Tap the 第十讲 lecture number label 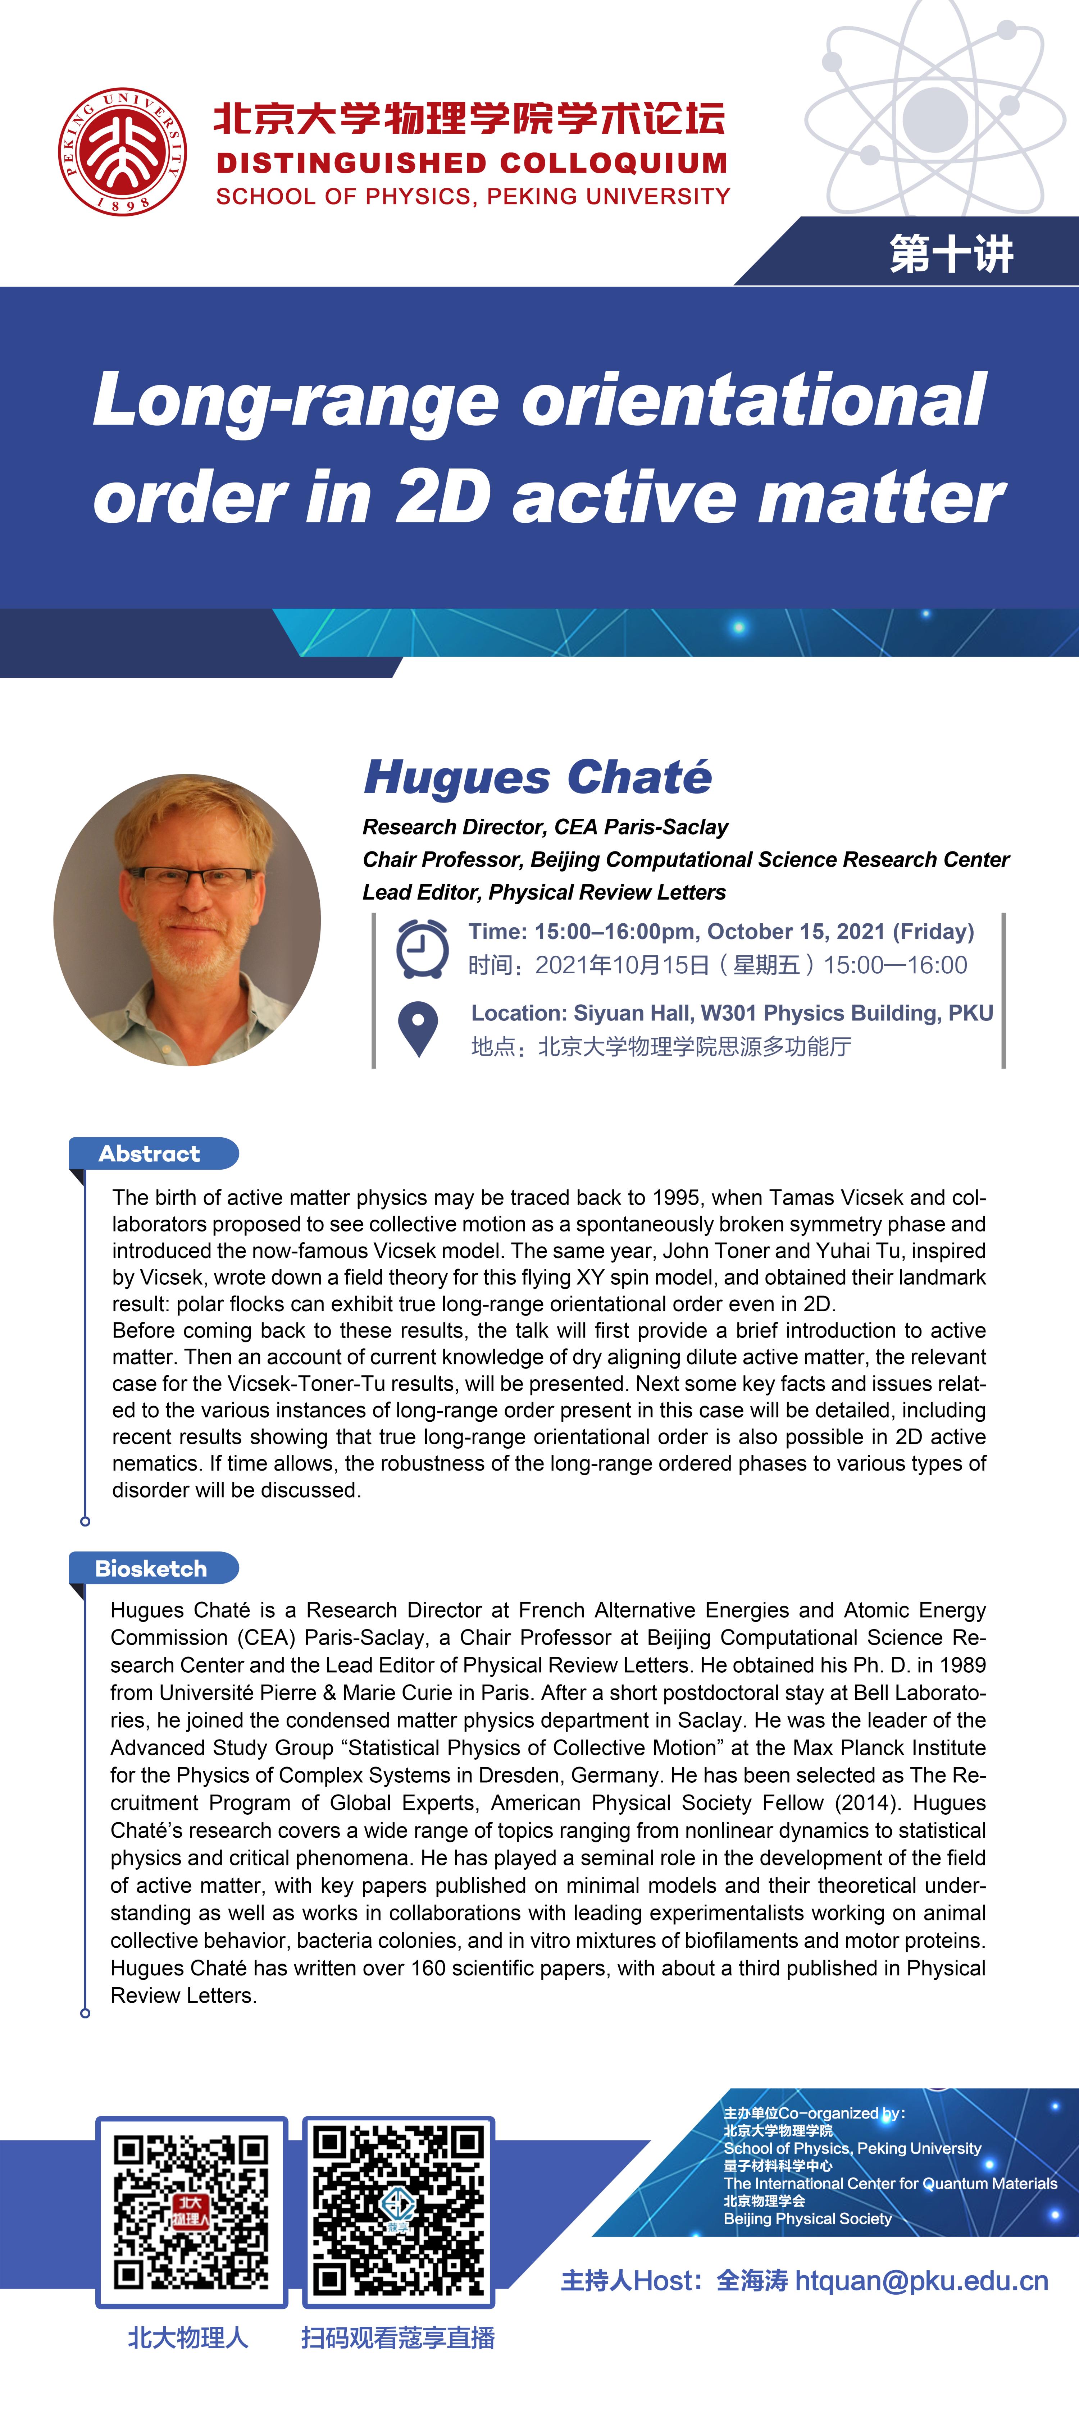951,254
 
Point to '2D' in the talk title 443,498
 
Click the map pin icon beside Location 418,1029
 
